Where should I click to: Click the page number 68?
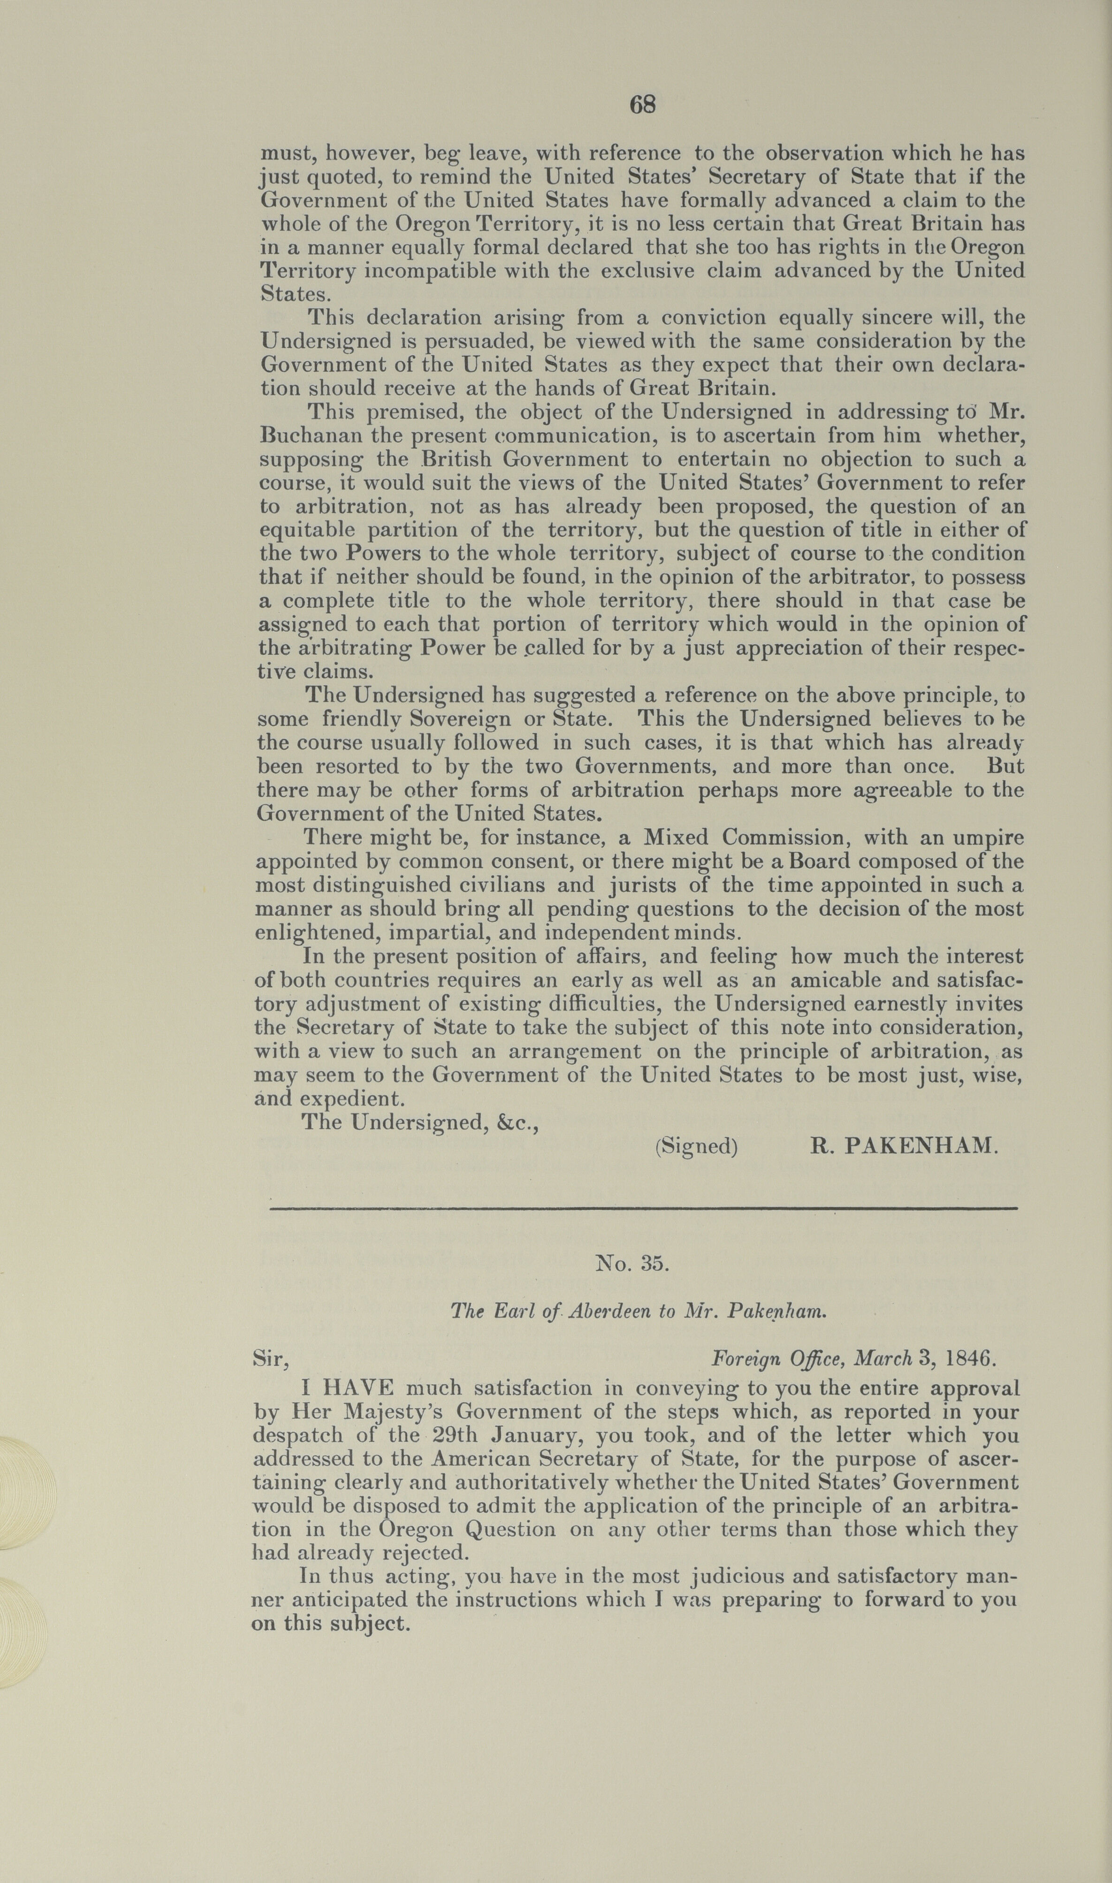tap(642, 105)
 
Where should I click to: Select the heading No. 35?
tap(631, 1264)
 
